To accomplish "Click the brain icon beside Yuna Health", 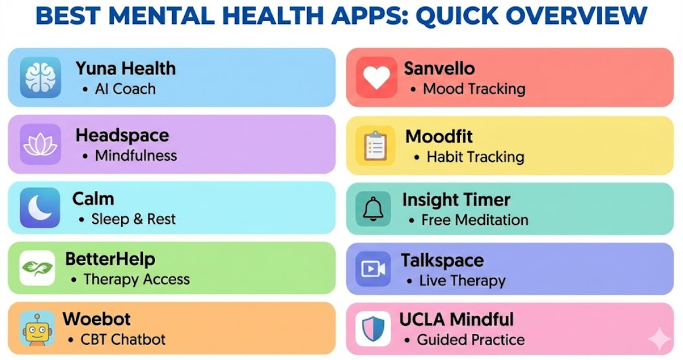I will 40,77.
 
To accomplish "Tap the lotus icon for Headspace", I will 40,144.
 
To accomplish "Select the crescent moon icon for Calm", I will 40,207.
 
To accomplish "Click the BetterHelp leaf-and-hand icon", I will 37,268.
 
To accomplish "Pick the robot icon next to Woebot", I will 37,329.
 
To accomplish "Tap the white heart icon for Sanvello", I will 376,77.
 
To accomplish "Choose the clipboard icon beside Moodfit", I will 376,145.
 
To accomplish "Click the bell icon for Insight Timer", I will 373,209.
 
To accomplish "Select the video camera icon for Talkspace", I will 373,269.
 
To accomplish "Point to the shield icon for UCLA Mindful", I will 373,329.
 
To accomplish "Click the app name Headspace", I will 122,135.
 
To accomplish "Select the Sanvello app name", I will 439,68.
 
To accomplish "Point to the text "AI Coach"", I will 125,89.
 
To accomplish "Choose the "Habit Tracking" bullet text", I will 476,157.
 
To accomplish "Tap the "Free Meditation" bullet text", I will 475,220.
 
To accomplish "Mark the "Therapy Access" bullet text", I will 136,279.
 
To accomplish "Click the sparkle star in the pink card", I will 659,339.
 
